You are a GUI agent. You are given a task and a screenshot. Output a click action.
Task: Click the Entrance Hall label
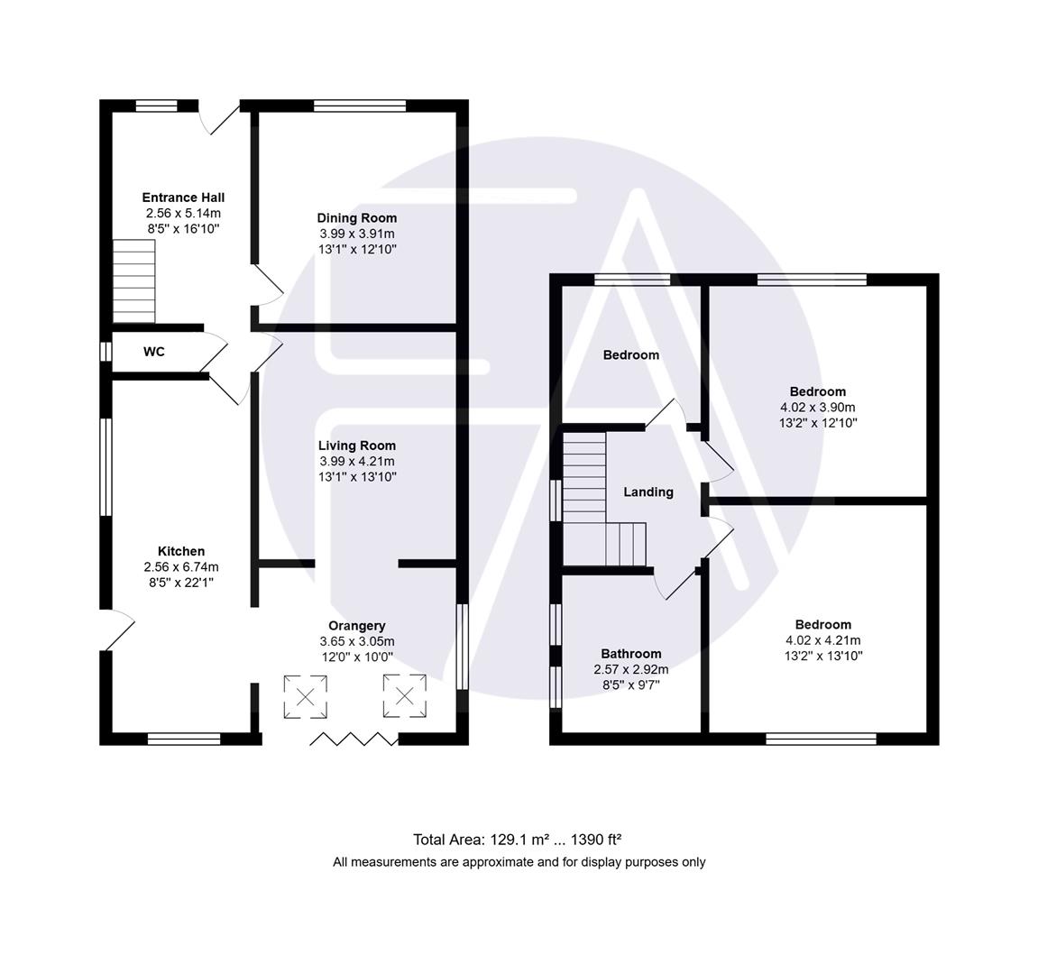click(183, 198)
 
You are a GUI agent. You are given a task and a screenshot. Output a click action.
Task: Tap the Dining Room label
click(356, 217)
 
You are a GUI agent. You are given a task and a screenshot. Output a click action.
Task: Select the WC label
click(154, 352)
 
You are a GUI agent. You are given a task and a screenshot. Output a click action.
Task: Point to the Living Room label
click(356, 445)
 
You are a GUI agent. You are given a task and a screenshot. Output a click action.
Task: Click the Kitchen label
click(181, 551)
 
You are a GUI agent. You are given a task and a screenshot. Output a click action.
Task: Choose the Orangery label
click(356, 625)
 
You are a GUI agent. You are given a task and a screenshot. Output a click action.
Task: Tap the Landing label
click(648, 492)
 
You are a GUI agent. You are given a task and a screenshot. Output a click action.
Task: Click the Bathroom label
click(630, 654)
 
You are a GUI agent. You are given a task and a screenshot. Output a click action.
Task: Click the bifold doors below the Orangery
click(354, 740)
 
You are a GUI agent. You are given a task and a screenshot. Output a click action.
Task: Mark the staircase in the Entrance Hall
click(133, 280)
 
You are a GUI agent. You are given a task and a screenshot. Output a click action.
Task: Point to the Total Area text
click(518, 839)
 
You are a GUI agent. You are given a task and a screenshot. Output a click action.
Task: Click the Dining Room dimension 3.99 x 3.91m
click(356, 234)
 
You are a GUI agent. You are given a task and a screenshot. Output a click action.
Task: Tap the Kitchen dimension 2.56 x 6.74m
click(181, 567)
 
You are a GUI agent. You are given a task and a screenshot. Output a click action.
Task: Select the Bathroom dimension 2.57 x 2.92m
click(630, 670)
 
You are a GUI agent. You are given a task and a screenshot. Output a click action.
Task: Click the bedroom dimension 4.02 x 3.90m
click(818, 407)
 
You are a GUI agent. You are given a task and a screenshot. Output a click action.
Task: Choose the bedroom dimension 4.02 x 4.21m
click(822, 640)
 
